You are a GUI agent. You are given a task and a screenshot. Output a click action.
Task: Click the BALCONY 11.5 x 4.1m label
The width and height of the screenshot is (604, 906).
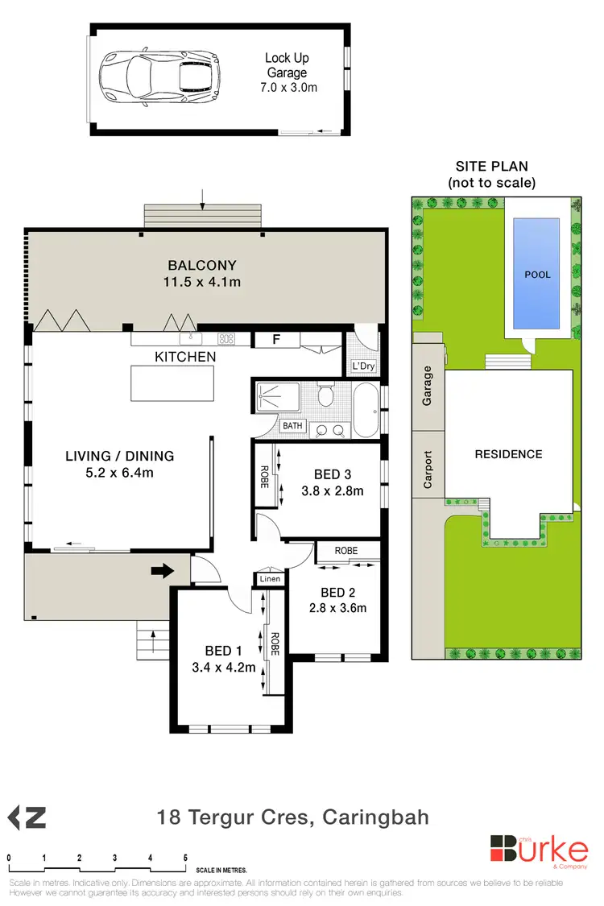(204, 273)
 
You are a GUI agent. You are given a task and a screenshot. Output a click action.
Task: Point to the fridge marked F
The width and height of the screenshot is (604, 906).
(276, 340)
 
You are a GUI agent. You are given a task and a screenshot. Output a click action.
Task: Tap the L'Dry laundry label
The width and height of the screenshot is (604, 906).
(363, 366)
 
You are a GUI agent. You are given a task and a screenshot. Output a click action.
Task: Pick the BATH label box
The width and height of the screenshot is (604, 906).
(292, 425)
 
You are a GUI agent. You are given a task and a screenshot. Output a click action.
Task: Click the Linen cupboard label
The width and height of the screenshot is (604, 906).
(268, 578)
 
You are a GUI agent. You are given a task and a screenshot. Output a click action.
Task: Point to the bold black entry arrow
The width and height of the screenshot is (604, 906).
(162, 571)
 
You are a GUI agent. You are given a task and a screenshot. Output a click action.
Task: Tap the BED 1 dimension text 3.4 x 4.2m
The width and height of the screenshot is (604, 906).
(230, 667)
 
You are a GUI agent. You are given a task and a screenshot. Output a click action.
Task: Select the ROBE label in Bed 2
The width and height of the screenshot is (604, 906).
(346, 551)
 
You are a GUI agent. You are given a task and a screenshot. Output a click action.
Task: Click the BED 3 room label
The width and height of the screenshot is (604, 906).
(331, 474)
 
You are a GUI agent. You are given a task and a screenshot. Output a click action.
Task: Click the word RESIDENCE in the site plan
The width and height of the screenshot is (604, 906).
(508, 454)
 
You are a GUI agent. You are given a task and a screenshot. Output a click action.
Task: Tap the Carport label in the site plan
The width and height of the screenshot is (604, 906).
(428, 470)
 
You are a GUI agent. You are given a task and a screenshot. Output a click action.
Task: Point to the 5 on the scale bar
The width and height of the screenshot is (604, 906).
(185, 858)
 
